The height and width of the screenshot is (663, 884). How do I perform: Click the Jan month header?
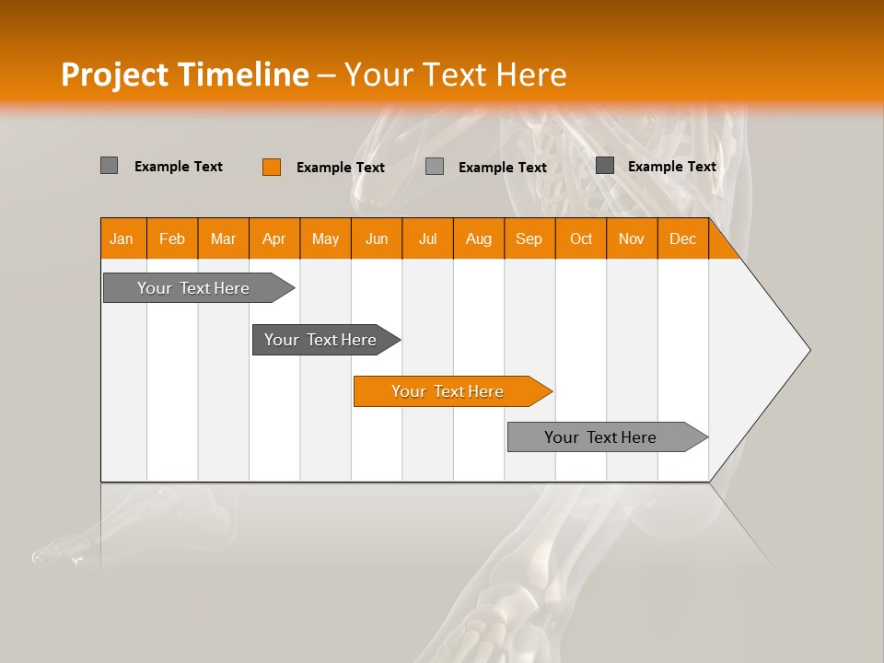tap(122, 239)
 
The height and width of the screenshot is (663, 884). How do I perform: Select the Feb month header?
tap(172, 239)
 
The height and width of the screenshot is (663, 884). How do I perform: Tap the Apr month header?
tap(273, 239)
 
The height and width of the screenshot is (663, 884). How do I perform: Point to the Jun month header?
tap(377, 239)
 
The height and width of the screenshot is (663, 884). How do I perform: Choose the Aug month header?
tap(478, 239)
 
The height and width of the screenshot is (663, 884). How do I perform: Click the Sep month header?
tap(529, 239)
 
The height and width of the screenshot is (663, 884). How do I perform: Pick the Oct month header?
tap(581, 239)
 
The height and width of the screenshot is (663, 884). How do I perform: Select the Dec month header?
tap(682, 239)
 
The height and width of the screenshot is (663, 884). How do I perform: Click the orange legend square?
tap(271, 167)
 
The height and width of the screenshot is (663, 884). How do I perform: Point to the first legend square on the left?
tap(109, 166)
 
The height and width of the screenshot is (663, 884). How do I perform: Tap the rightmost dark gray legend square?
tap(604, 166)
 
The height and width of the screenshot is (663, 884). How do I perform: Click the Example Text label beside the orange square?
tap(340, 168)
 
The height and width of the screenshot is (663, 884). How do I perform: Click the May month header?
tap(325, 239)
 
